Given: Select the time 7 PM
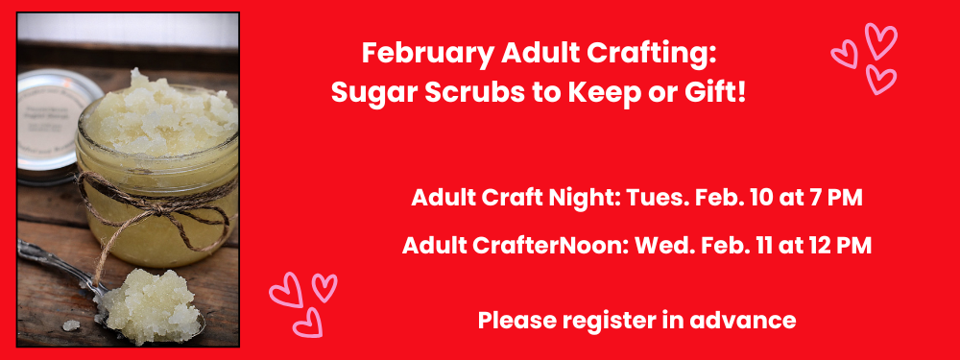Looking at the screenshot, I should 838,200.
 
